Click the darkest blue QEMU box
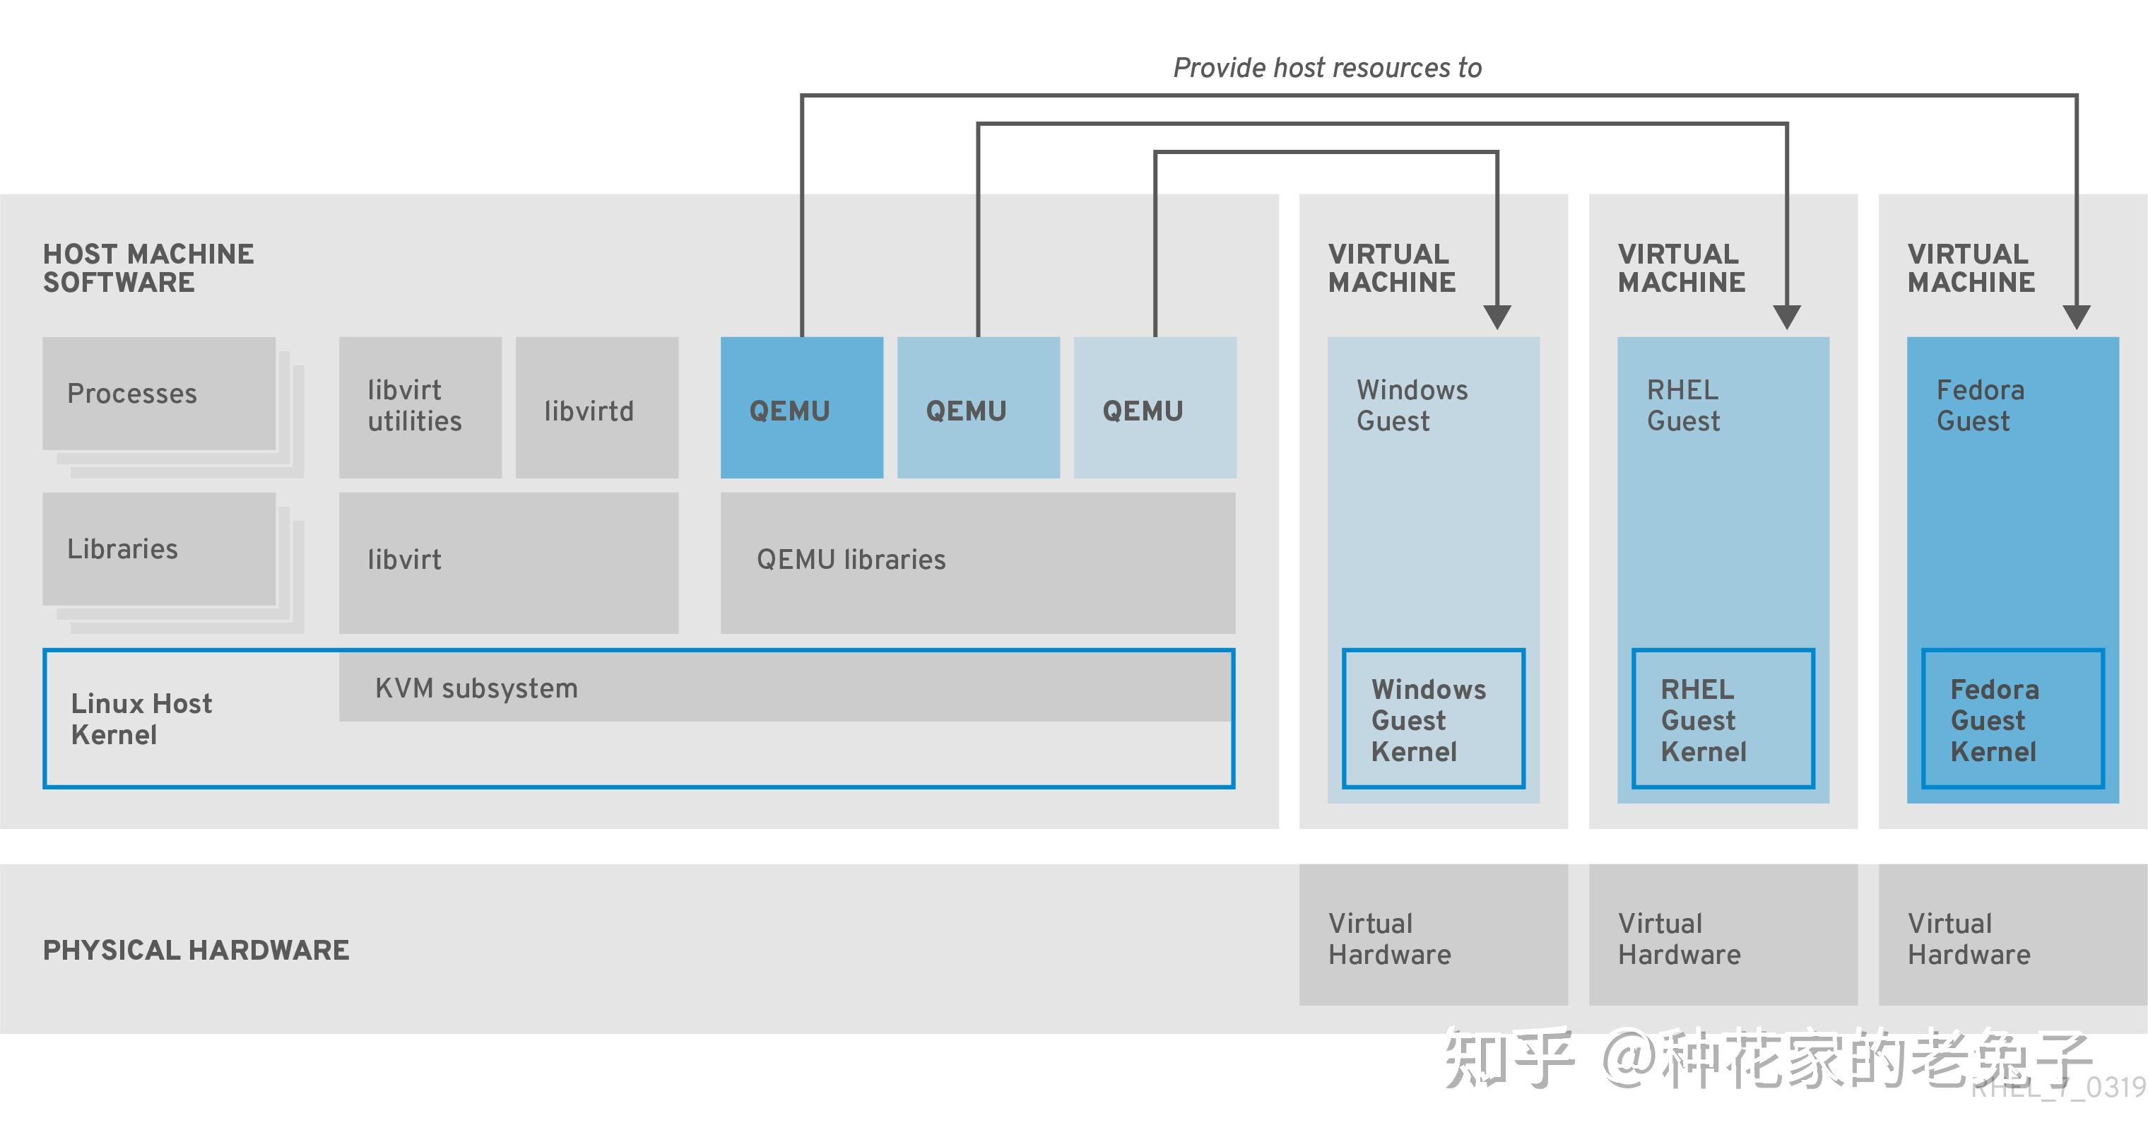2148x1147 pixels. point(801,407)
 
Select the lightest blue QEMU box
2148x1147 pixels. point(1155,407)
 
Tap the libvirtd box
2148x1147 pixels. point(597,407)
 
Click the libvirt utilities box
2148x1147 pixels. point(420,407)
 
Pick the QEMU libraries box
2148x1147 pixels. point(978,563)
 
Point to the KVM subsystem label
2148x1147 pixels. point(476,688)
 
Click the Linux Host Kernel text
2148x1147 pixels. point(142,719)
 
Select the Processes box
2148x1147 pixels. point(159,394)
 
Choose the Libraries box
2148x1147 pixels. point(159,549)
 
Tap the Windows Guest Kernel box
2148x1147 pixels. point(1434,718)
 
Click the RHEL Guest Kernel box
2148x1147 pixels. point(1723,718)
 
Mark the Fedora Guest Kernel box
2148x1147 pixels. point(2013,718)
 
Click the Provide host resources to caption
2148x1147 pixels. point(1328,68)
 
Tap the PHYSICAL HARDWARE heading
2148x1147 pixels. point(196,950)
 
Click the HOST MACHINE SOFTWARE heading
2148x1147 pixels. point(148,268)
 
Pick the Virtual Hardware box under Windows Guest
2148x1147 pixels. point(1434,934)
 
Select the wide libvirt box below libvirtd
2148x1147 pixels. point(509,563)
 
